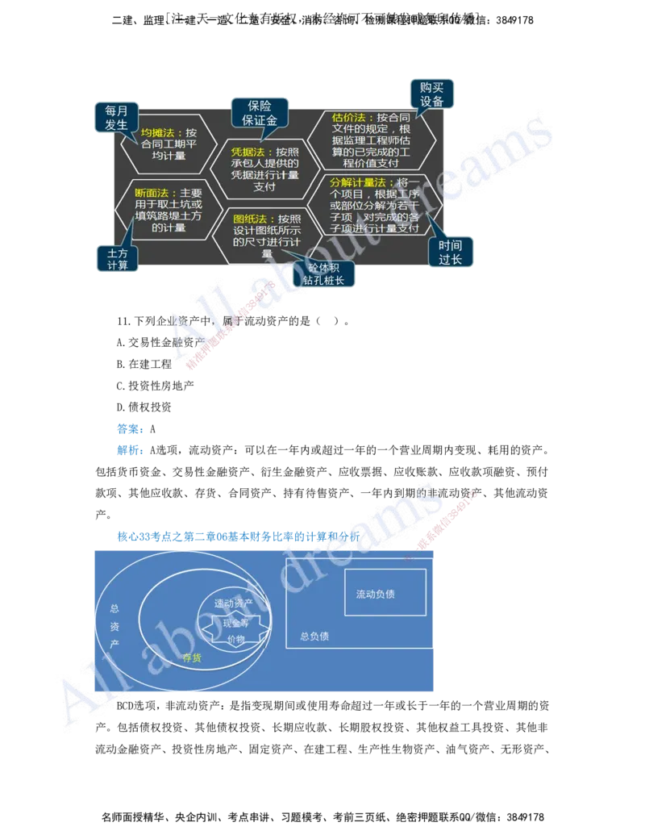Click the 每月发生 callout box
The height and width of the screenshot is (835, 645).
117,118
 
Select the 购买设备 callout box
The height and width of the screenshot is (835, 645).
431,94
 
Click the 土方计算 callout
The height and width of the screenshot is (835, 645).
118,260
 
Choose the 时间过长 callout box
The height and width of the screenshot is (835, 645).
451,253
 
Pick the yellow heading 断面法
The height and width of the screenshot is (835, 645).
151,194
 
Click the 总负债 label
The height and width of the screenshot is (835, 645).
314,636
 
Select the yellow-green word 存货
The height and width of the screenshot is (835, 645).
192,658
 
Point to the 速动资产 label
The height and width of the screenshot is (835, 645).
234,603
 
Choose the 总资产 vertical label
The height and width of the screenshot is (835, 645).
114,626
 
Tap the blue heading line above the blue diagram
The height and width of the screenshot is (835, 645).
237,535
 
